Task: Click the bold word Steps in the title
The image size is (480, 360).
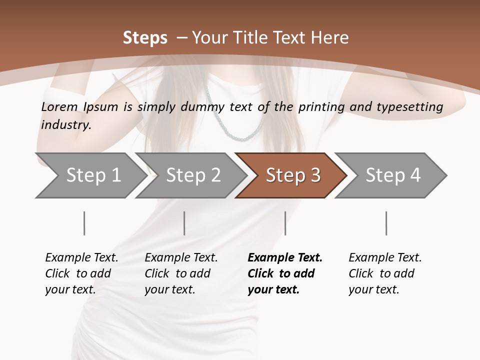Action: click(145, 38)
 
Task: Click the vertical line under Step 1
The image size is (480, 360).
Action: click(84, 223)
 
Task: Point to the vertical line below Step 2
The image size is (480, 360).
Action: click(184, 223)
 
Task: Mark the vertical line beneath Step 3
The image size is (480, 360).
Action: click(285, 223)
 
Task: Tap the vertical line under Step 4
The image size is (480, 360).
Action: click(386, 223)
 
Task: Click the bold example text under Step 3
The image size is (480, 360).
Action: click(284, 273)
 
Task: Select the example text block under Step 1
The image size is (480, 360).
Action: click(81, 273)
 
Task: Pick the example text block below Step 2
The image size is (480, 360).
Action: click(181, 273)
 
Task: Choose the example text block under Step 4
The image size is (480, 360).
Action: click(385, 273)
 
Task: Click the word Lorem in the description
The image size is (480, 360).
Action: click(59, 106)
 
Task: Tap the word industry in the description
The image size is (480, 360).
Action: click(66, 125)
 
